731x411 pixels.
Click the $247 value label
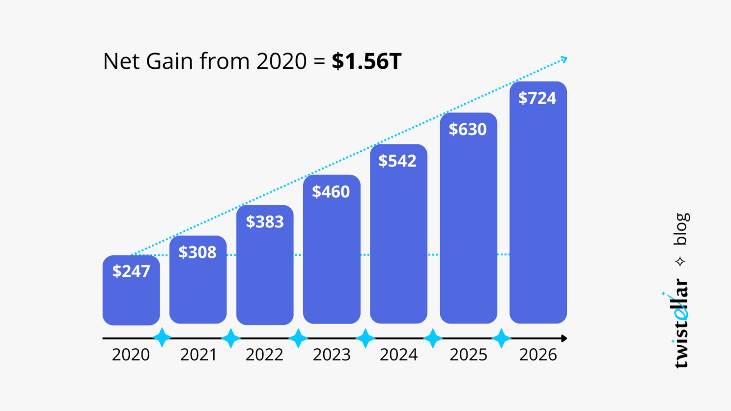131,271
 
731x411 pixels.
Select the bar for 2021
198,285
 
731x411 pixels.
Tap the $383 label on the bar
265,222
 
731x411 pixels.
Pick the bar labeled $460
332,255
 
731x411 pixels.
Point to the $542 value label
397,161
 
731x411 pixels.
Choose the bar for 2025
468,226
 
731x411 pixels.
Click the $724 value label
537,98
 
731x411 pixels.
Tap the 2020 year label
131,355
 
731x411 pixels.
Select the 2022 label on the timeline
264,355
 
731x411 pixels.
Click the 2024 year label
398,355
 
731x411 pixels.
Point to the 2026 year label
538,355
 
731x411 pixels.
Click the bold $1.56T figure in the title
366,61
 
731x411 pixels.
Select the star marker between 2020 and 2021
162,338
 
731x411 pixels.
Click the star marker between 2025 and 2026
501,338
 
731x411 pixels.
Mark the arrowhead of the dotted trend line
564,59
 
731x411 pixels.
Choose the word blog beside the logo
681,229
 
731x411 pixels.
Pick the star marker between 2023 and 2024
365,338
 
